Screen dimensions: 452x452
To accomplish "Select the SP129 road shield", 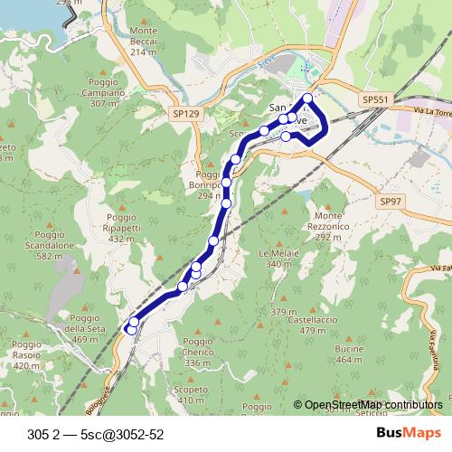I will click(x=184, y=115).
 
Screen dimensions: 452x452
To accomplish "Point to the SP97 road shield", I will click(x=391, y=201).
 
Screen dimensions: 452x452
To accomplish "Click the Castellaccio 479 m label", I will click(x=306, y=325).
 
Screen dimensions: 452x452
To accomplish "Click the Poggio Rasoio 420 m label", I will click(x=28, y=361).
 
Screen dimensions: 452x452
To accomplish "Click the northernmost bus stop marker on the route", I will click(x=308, y=98).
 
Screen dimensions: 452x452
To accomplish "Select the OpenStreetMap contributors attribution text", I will click(x=373, y=406).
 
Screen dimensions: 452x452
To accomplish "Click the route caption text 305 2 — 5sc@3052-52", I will click(x=96, y=434).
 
